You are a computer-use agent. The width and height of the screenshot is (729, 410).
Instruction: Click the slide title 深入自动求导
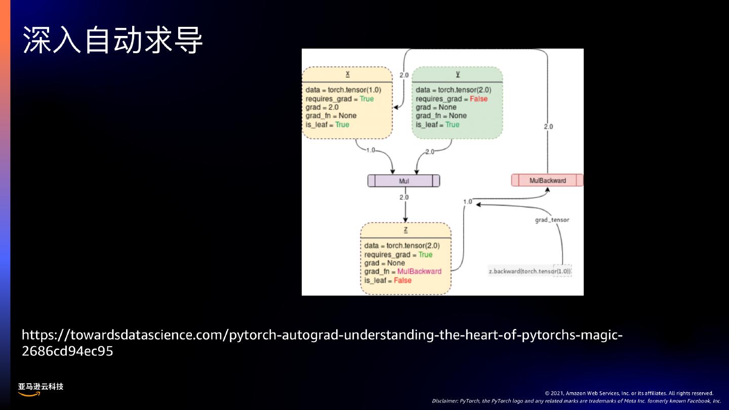112,40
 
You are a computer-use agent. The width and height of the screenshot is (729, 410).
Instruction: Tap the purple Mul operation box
403,181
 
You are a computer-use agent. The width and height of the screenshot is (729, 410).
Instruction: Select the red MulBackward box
547,180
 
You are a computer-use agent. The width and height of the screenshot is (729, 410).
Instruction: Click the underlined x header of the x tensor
347,73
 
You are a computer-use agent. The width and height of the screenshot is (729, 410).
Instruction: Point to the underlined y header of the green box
458,73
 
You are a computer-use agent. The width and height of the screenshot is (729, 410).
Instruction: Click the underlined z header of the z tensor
406,229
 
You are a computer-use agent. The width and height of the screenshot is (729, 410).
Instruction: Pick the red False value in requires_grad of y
478,99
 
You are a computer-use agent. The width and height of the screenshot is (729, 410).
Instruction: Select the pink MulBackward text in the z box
419,271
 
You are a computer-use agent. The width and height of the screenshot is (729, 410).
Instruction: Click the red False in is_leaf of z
402,280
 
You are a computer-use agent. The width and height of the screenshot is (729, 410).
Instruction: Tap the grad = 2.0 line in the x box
322,107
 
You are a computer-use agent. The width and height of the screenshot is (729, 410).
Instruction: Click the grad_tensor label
552,220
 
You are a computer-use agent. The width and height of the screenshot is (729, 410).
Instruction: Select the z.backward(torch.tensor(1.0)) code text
530,271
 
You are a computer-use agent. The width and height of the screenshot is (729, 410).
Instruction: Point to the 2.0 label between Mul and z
404,197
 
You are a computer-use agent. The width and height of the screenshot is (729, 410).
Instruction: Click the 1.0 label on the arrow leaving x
371,150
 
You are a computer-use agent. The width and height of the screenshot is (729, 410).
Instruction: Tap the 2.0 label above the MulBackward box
548,127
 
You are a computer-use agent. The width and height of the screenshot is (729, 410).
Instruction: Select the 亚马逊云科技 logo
40,389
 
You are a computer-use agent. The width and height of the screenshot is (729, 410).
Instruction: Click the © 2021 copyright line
629,393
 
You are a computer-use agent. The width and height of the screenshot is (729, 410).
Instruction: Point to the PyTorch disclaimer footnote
576,401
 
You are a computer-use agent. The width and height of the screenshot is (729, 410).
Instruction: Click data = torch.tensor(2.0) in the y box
453,90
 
